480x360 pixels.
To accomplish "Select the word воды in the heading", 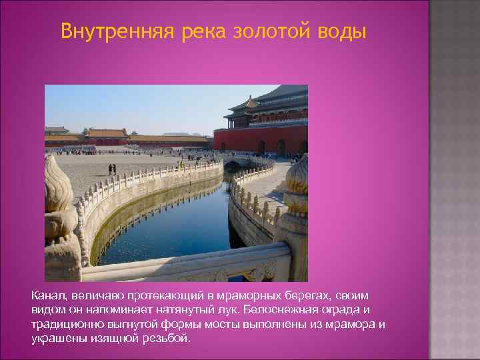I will pyautogui.click(x=342, y=31).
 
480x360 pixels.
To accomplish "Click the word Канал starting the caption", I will pyautogui.click(x=48, y=295).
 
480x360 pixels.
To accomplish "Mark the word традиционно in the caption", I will pyautogui.click(x=64, y=324).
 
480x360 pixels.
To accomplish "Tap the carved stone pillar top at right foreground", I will pyautogui.click(x=296, y=193).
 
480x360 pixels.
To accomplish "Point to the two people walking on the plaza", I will pyautogui.click(x=112, y=169).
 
